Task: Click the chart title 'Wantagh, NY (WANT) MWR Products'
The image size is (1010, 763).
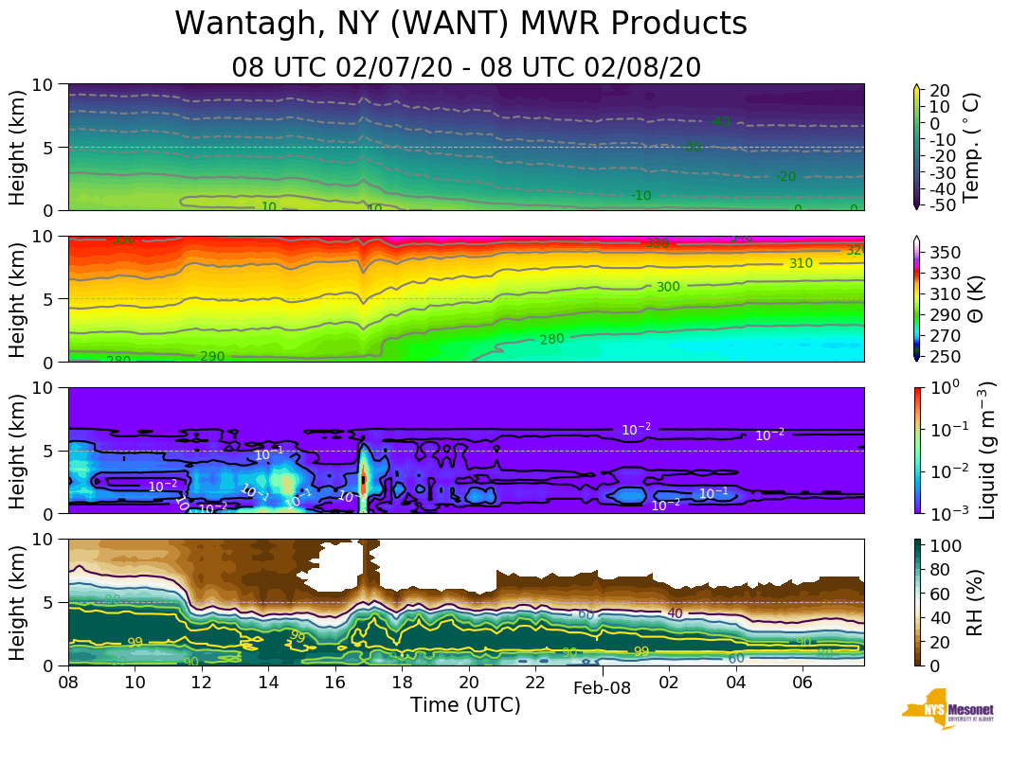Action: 461,24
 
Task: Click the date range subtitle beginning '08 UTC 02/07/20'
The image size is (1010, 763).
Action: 466,67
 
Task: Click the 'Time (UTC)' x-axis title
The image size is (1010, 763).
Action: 465,705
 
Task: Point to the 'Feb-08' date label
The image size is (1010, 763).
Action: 602,688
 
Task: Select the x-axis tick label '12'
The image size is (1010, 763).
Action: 202,683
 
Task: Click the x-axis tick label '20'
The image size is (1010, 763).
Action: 469,683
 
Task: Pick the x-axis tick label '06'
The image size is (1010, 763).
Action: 803,683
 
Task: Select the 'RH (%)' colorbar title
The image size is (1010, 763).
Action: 973,602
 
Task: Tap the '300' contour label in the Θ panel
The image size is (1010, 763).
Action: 668,287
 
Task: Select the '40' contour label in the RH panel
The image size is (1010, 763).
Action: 675,613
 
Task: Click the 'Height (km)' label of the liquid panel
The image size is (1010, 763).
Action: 18,450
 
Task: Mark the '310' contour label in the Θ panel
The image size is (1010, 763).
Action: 801,263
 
